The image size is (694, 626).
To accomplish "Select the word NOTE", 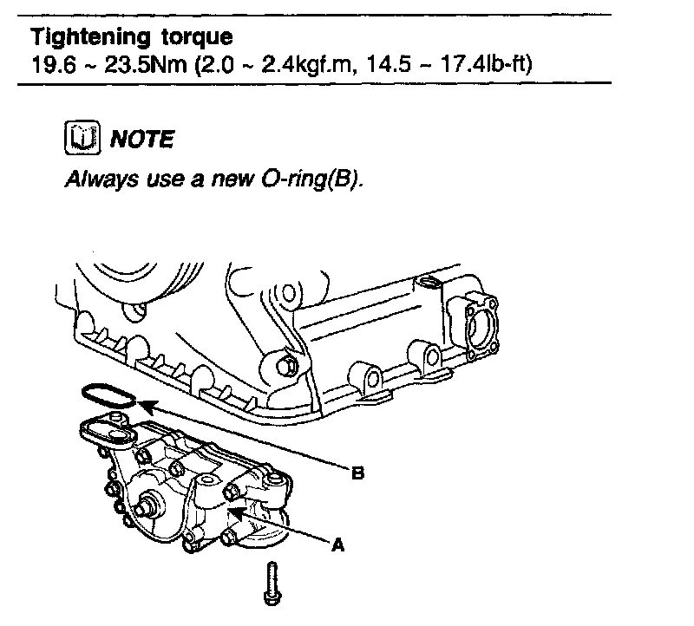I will (138, 139).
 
